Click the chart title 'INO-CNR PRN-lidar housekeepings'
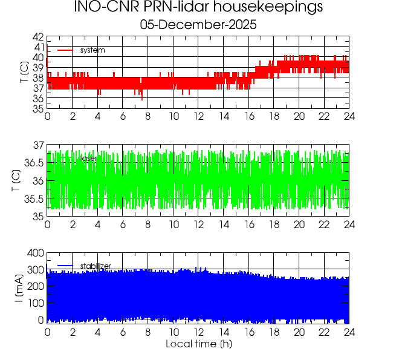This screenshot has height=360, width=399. point(198,8)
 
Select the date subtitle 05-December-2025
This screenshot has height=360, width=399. point(198,25)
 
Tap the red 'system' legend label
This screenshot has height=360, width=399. point(92,50)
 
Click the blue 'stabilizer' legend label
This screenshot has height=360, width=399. point(96,266)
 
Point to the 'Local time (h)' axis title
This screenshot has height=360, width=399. point(198,344)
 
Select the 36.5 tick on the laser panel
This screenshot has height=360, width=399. point(34,163)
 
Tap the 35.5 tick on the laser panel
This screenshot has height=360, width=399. point(34,199)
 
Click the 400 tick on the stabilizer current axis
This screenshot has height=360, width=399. point(36,253)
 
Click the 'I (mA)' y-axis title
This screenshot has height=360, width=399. point(19,288)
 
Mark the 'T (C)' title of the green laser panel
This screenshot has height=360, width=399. point(16,180)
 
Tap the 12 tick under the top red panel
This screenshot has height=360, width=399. point(198,117)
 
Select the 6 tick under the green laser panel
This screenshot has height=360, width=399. point(123,224)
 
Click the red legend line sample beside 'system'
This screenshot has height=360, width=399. point(65,50)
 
